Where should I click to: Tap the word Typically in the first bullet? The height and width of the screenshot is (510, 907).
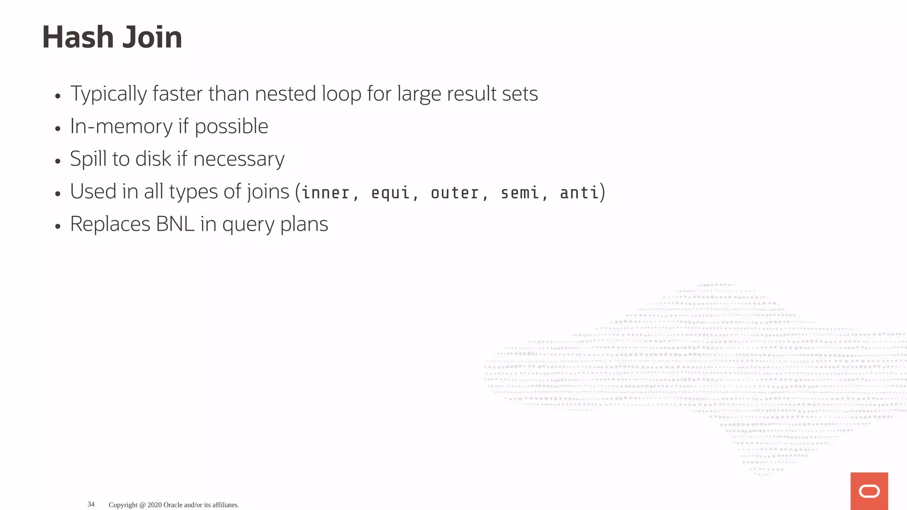tap(109, 94)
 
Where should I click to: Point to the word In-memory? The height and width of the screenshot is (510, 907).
tap(121, 127)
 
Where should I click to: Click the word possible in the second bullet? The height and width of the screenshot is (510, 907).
tap(231, 127)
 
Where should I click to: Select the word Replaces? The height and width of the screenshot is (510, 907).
tap(110, 224)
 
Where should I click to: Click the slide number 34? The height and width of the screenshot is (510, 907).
tap(91, 504)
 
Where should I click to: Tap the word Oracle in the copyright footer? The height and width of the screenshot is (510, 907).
tap(172, 505)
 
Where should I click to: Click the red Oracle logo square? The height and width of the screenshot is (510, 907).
tap(869, 491)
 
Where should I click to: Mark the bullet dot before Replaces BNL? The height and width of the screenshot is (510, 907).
tap(58, 226)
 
